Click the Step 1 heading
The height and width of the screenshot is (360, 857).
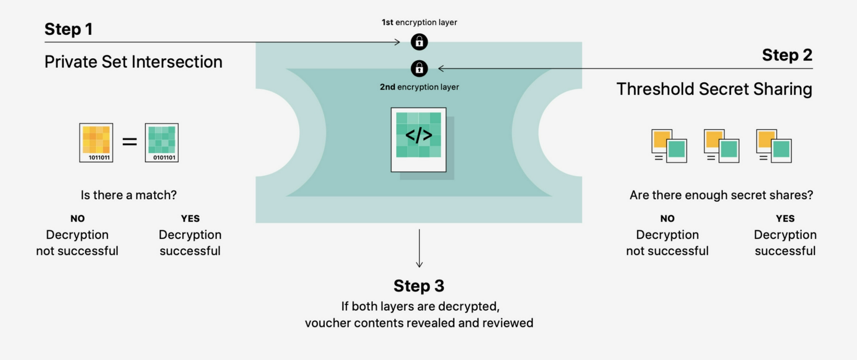coord(69,29)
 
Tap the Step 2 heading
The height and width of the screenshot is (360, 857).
coord(787,55)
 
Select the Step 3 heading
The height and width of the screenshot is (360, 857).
coord(419,286)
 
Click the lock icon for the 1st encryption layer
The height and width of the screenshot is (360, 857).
coord(419,42)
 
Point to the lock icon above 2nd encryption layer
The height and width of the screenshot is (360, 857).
coord(419,69)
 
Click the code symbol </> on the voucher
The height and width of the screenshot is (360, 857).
coord(419,135)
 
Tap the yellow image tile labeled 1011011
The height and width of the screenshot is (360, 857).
coord(96,143)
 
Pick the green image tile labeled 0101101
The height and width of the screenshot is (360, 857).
coord(162,143)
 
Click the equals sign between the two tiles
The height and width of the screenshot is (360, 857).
coord(130,142)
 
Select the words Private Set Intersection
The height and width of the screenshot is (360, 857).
coord(133,62)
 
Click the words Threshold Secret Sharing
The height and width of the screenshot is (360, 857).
coord(714,89)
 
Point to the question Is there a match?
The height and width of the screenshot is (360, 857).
coord(129,195)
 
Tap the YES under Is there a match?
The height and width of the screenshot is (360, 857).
coord(190,219)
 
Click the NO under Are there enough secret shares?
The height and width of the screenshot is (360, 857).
coord(667,219)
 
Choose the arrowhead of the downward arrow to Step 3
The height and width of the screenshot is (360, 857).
coord(419,265)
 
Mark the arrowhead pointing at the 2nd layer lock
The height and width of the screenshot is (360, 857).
coord(441,69)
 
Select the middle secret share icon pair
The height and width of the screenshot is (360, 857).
coord(721,146)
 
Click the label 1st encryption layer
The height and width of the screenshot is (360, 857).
coord(419,22)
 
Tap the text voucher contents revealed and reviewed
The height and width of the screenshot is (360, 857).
coord(419,323)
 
